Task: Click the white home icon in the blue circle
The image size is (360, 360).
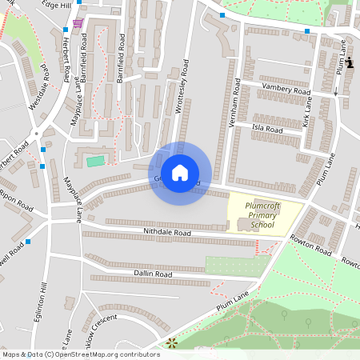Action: coord(180,173)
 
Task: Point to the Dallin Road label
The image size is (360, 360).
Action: coord(153,274)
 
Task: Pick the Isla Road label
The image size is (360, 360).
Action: coord(268,129)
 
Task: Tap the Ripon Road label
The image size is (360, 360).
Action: coord(15,195)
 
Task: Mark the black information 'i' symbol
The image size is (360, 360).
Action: coord(350,62)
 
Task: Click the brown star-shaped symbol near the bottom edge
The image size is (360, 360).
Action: coord(171,344)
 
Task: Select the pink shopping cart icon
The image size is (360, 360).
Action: coord(77,23)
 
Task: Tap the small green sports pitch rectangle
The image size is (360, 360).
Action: coord(95,162)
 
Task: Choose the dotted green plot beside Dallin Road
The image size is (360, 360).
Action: coord(234,266)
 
